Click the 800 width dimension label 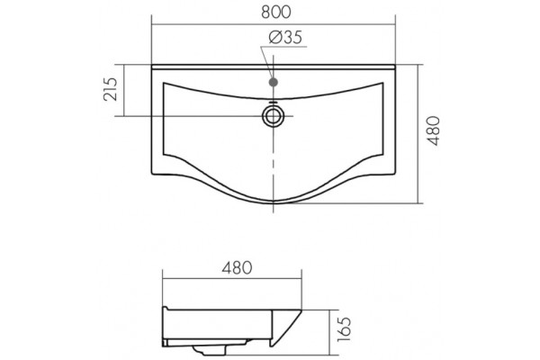(276, 12)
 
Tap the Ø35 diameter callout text (285, 37)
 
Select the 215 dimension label (111, 89)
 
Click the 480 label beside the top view (433, 130)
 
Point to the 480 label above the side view (237, 268)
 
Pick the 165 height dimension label (344, 329)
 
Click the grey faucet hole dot (273, 82)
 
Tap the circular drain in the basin (273, 116)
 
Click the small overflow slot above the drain (273, 103)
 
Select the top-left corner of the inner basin (164, 83)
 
